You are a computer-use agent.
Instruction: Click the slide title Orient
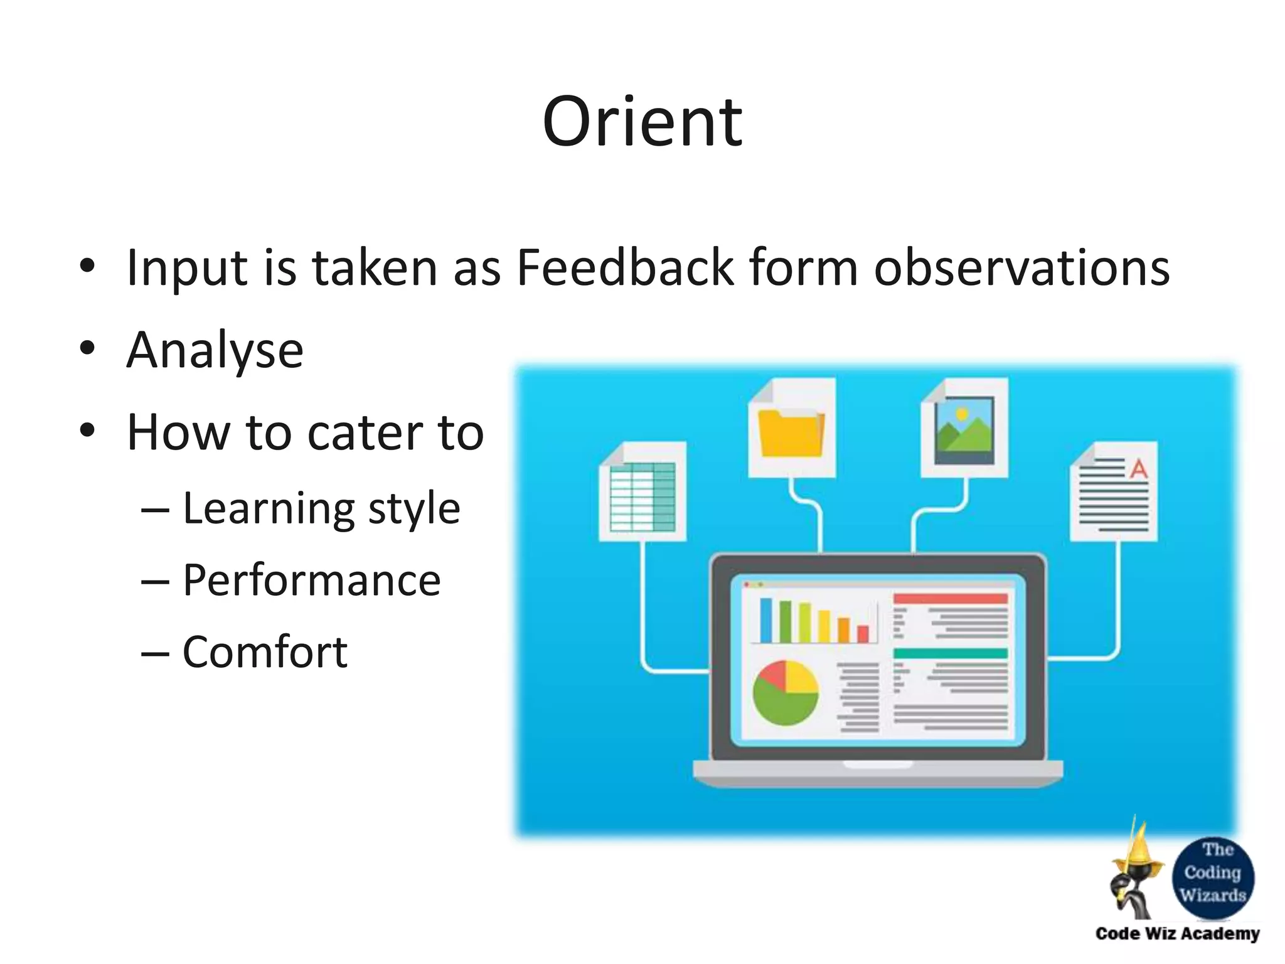point(642,122)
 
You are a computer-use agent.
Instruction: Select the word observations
point(1021,268)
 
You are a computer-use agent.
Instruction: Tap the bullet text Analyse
point(215,350)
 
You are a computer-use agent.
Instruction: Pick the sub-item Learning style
point(321,508)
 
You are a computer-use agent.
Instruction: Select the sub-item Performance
point(311,580)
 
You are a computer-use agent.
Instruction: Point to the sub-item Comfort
point(265,652)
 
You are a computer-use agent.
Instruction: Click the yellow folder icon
point(791,433)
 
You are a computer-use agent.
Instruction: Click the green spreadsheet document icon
point(642,496)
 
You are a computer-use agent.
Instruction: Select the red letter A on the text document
point(1138,468)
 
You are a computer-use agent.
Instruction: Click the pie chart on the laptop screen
point(786,693)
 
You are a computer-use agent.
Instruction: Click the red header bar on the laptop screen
point(950,599)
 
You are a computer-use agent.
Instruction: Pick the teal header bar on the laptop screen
point(950,653)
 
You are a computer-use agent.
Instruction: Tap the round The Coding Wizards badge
point(1212,877)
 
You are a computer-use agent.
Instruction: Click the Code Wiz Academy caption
point(1177,934)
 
